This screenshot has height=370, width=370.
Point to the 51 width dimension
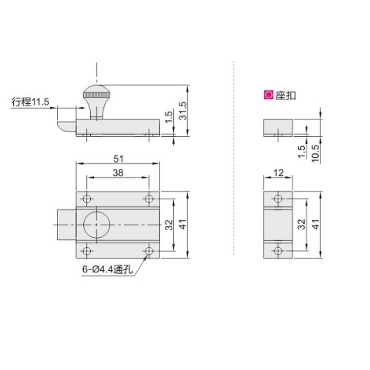click(118, 158)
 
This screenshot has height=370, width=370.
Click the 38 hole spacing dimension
click(118, 173)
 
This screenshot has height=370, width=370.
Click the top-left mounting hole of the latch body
click(86, 199)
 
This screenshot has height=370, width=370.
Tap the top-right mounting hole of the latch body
click(148, 199)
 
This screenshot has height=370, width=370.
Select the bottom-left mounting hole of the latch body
click(86, 251)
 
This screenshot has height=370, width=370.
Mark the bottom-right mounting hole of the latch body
click(148, 251)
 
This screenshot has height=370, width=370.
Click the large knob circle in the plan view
click(96, 225)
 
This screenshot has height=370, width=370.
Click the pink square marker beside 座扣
click(267, 95)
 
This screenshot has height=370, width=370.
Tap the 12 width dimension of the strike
click(278, 173)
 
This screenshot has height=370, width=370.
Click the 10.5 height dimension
click(315, 151)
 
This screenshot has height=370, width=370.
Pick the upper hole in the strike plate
click(277, 199)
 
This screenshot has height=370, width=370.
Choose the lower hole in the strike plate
click(277, 251)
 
